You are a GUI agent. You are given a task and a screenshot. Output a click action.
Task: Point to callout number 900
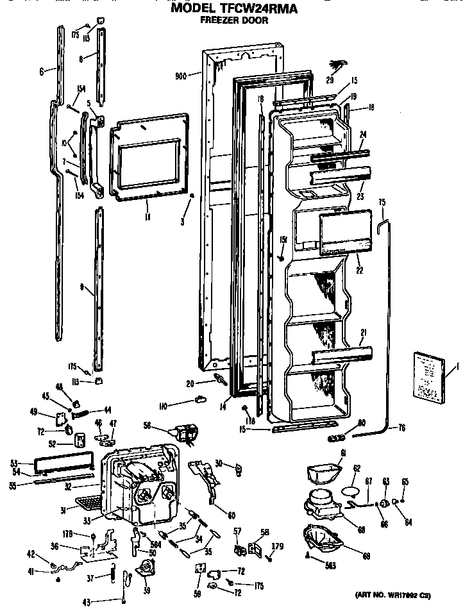click(180, 76)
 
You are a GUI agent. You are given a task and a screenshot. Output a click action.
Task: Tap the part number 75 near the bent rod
click(382, 202)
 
